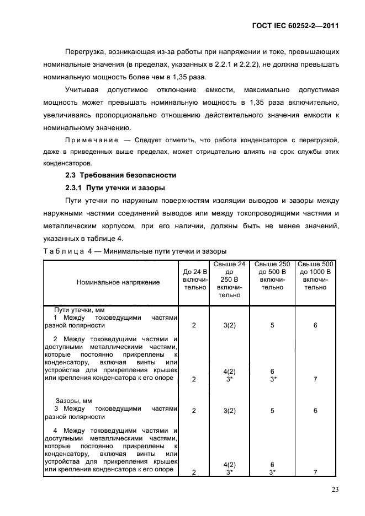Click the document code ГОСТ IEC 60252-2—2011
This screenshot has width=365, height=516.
[295, 25]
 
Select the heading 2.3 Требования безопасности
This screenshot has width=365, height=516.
[120, 175]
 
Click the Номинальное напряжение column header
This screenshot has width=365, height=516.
[110, 282]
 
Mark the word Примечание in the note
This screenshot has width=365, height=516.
[88, 141]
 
